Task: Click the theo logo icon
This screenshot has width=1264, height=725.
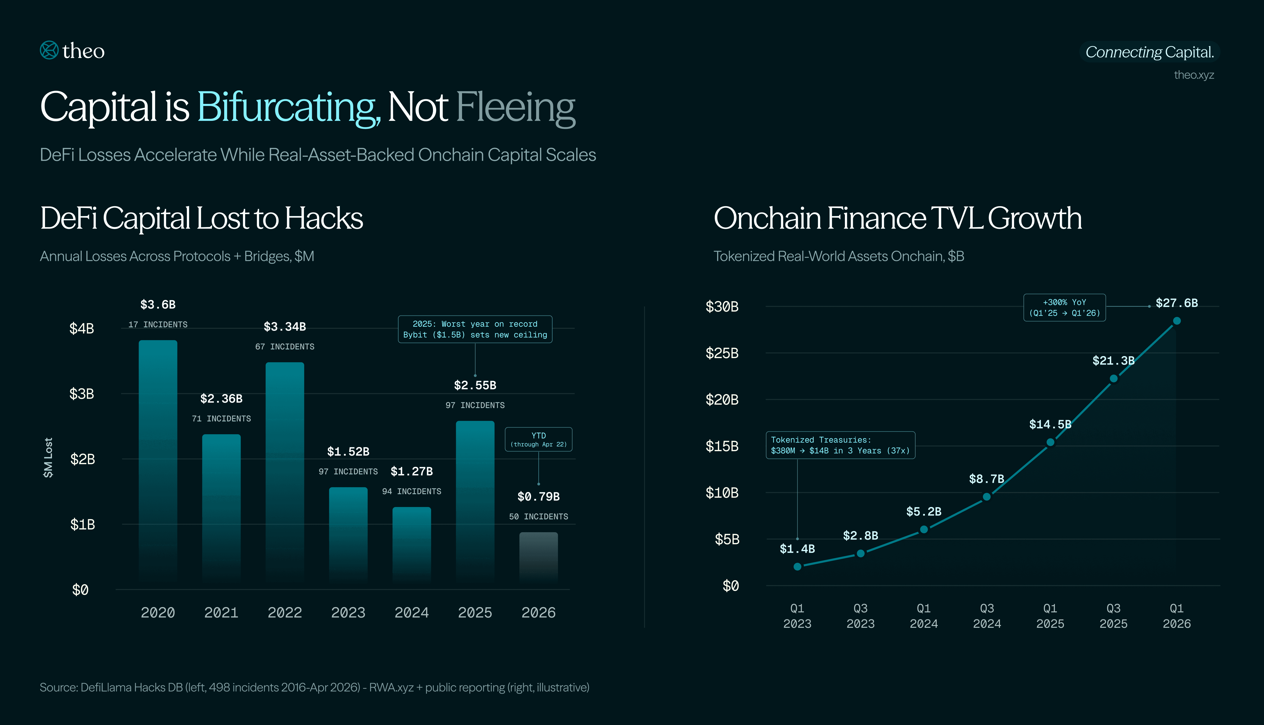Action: click(x=49, y=50)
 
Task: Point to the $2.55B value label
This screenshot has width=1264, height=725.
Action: click(x=475, y=385)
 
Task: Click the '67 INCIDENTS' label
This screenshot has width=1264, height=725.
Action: click(x=285, y=347)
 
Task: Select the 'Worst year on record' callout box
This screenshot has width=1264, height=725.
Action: click(x=475, y=329)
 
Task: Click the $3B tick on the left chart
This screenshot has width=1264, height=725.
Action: click(x=82, y=394)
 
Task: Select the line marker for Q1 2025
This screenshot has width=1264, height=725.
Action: click(x=1050, y=442)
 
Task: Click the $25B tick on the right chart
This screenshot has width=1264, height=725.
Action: click(x=722, y=353)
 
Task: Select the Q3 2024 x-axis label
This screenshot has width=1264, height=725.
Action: click(x=987, y=616)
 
